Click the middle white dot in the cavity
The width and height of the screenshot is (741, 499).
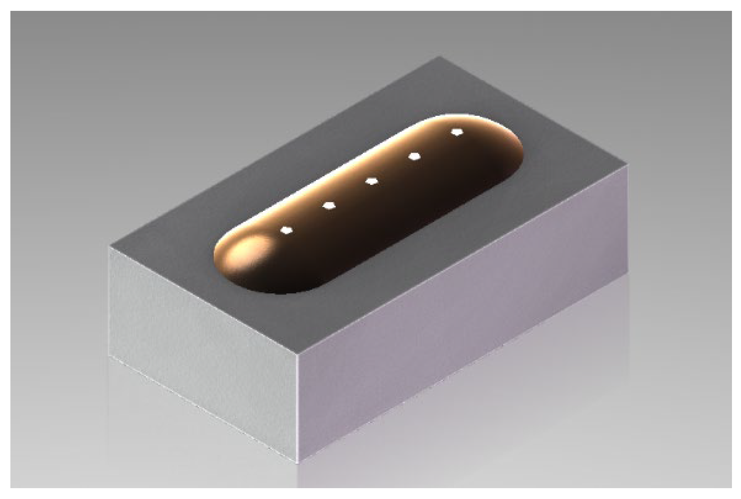tap(371, 181)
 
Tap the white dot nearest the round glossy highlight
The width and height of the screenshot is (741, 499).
tap(286, 230)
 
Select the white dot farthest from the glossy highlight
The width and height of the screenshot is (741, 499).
tap(457, 132)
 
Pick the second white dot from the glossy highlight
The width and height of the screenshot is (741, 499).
tap(329, 206)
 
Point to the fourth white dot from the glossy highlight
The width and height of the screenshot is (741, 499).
tap(414, 156)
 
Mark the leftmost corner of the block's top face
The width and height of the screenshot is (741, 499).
tap(110, 247)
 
